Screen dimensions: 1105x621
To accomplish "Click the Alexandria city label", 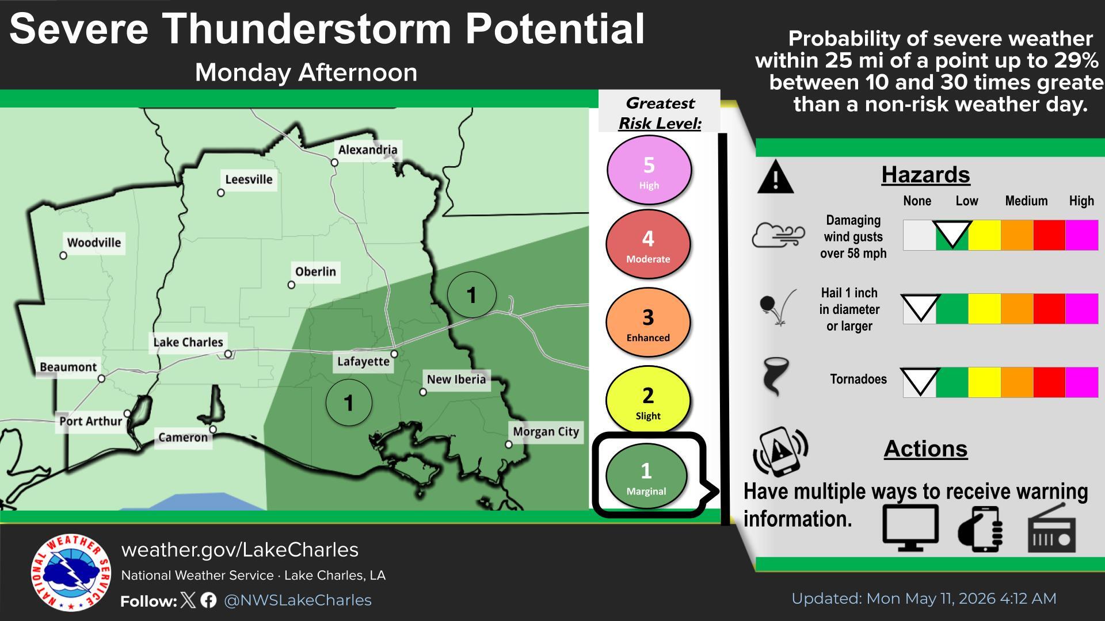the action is [368, 150].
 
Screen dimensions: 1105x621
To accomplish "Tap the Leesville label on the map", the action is [249, 179].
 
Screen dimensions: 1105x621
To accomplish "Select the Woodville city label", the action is [94, 243].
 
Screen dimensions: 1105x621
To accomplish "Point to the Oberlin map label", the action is [315, 271].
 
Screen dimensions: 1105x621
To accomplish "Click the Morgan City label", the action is [546, 432].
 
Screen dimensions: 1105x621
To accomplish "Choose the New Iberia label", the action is [456, 379].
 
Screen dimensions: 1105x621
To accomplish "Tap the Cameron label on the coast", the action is [183, 438].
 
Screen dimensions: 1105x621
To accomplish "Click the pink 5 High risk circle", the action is [649, 170].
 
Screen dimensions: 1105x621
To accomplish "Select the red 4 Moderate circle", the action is [648, 244].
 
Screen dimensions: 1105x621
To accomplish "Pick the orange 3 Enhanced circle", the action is [648, 323].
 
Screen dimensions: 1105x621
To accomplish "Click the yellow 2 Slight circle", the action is [648, 401].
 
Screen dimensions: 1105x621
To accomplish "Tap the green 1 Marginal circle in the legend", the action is [646, 476].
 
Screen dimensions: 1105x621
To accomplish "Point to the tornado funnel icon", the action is [775, 377].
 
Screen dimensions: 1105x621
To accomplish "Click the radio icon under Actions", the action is [1051, 529].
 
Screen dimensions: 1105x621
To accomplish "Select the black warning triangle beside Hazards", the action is [775, 177].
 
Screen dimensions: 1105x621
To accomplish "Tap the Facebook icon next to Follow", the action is [209, 600].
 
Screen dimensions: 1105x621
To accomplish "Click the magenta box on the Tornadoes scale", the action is [1082, 382].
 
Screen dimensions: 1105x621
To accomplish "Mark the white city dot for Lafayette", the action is [394, 354].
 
